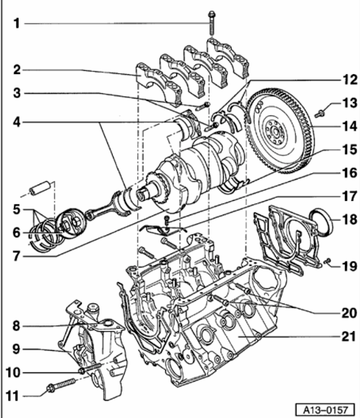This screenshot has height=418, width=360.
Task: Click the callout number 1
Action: [17, 23]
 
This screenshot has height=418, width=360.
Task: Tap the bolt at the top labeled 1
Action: [212, 23]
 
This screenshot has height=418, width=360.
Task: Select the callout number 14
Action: [349, 126]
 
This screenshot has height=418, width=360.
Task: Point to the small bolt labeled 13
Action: [319, 113]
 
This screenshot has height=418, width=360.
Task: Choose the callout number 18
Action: [349, 219]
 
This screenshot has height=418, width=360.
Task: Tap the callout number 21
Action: [349, 337]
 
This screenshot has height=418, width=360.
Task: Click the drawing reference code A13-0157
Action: [325, 410]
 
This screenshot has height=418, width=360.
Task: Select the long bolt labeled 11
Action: [61, 384]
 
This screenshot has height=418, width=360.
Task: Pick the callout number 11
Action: [13, 396]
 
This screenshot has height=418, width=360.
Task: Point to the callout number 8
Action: [16, 326]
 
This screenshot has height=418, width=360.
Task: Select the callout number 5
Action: [17, 209]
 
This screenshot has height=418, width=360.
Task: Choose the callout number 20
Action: [349, 312]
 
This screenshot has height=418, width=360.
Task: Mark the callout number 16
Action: [349, 173]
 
